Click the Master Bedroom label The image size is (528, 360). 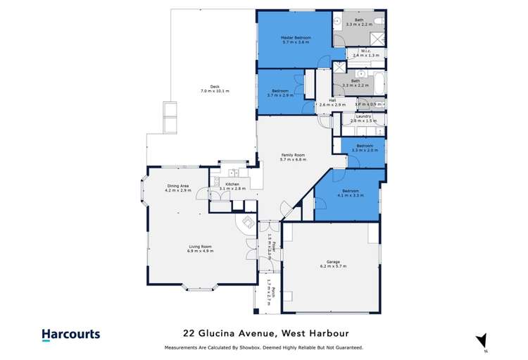coord(296,39)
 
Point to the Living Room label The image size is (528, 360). coord(200,248)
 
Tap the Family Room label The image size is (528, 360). coord(294,158)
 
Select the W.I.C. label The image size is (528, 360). coord(365,53)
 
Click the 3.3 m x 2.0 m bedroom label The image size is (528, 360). coord(364,148)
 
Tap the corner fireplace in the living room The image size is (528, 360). coord(247,223)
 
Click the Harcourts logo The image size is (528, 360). coord(70,335)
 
